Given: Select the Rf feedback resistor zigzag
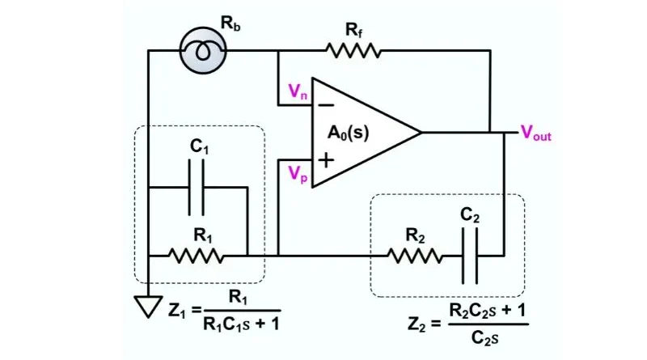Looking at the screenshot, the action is tap(353, 51).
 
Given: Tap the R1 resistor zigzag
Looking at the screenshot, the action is tap(196, 256).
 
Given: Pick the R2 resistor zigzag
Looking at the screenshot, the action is tap(415, 256).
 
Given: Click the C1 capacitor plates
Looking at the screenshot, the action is tap(197, 188).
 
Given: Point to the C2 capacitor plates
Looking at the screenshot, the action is tap(470, 256).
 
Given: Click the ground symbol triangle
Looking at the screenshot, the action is tap(148, 307).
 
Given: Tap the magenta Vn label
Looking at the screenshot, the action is tap(298, 91).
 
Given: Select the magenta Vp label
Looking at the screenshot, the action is tap(298, 173).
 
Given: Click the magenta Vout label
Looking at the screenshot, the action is tap(535, 133).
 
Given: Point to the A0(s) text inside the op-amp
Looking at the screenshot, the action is tap(349, 133).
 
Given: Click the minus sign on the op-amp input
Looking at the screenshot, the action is tap(326, 105).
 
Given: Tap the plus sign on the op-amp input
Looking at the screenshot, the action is tap(326, 159).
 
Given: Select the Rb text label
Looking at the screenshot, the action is tap(230, 23).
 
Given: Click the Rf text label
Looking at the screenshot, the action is tap(353, 30).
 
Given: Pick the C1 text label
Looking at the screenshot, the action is tap(199, 146).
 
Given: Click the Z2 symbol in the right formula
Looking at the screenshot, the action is tap(417, 324).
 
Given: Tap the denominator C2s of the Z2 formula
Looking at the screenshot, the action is tap(484, 337).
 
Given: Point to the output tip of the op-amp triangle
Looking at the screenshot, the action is tap(421, 133).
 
